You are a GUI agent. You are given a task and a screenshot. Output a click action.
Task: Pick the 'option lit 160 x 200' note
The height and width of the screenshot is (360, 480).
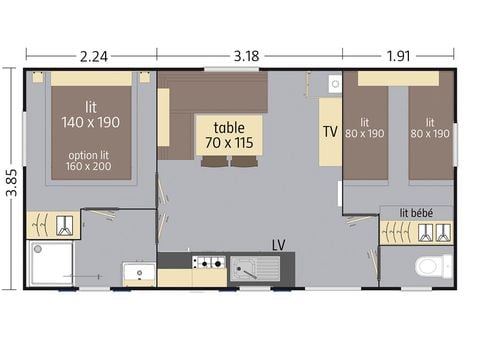click(91, 162)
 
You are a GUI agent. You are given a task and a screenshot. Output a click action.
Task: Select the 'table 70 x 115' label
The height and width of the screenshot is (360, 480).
click(229, 134)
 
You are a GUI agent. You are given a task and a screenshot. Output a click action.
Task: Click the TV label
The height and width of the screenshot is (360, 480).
click(330, 132)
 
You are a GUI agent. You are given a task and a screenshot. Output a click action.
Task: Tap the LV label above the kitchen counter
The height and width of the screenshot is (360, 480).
click(279, 242)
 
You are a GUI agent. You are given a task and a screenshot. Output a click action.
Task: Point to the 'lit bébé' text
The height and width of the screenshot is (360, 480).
click(416, 212)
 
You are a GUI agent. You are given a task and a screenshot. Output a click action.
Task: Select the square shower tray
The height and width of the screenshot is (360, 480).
click(50, 263)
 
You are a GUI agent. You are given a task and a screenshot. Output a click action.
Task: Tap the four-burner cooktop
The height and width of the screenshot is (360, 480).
click(209, 263)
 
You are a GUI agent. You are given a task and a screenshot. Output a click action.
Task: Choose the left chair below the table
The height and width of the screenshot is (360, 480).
click(214, 161)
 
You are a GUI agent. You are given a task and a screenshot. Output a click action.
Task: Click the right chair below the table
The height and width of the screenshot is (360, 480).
click(244, 161)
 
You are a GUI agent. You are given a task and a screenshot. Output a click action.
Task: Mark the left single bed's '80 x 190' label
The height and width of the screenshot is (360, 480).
click(365, 127)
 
